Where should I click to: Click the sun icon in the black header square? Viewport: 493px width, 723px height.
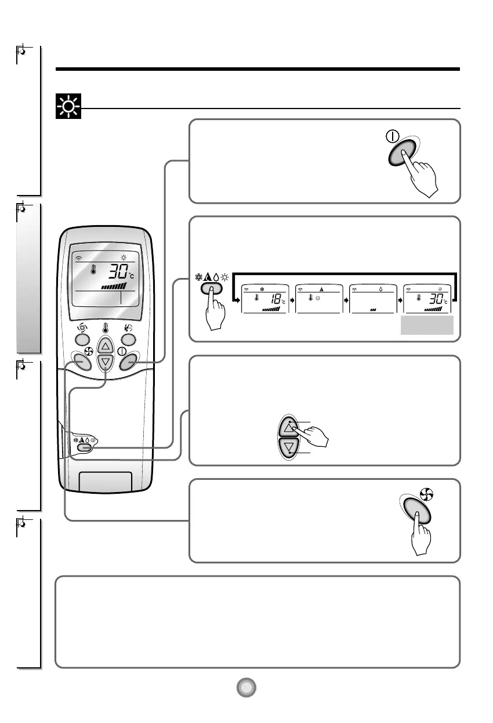(68, 107)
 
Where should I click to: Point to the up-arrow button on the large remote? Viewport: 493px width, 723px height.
(105, 346)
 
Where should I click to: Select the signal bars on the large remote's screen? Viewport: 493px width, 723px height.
(114, 286)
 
